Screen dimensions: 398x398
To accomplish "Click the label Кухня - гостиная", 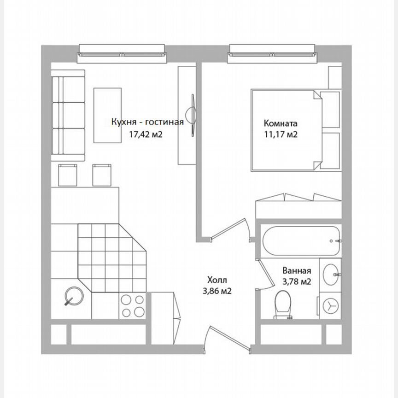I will pyautogui.click(x=147, y=122).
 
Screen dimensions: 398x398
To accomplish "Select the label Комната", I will pyautogui.click(x=280, y=123).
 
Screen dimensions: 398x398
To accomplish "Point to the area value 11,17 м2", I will pyautogui.click(x=280, y=135).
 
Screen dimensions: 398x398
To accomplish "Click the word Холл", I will pyautogui.click(x=217, y=280).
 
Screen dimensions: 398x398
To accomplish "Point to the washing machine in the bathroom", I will pyautogui.click(x=330, y=304).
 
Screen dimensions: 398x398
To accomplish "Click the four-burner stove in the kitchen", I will pyautogui.click(x=133, y=305).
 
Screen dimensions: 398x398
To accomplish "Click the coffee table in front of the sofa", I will pyautogui.click(x=108, y=115).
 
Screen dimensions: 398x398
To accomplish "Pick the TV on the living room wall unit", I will pyautogui.click(x=191, y=115).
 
